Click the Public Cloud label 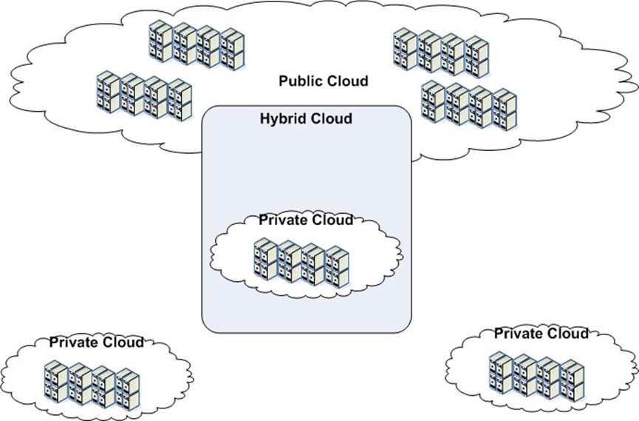pyautogui.click(x=324, y=81)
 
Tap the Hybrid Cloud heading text pyautogui.click(x=306, y=119)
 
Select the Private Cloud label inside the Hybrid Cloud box pyautogui.click(x=306, y=220)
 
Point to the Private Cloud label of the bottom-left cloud pyautogui.click(x=97, y=342)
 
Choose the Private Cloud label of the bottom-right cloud pyautogui.click(x=541, y=334)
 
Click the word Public pyautogui.click(x=301, y=81)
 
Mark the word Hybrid pyautogui.click(x=283, y=119)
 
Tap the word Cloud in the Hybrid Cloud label pyautogui.click(x=331, y=119)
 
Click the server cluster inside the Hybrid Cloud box pyautogui.click(x=301, y=264)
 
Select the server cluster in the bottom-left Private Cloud pyautogui.click(x=92, y=385)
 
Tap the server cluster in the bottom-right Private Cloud pyautogui.click(x=537, y=377)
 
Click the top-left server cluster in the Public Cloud pyautogui.click(x=197, y=45)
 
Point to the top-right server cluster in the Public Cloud pyautogui.click(x=441, y=53)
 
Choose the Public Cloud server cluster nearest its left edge pyautogui.click(x=144, y=96)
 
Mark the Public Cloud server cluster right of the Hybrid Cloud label pyautogui.click(x=469, y=105)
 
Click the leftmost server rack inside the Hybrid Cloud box pyautogui.click(x=265, y=259)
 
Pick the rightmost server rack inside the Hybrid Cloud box pyautogui.click(x=338, y=267)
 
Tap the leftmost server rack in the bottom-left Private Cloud pyautogui.click(x=56, y=380)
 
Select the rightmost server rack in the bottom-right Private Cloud pyautogui.click(x=573, y=380)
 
